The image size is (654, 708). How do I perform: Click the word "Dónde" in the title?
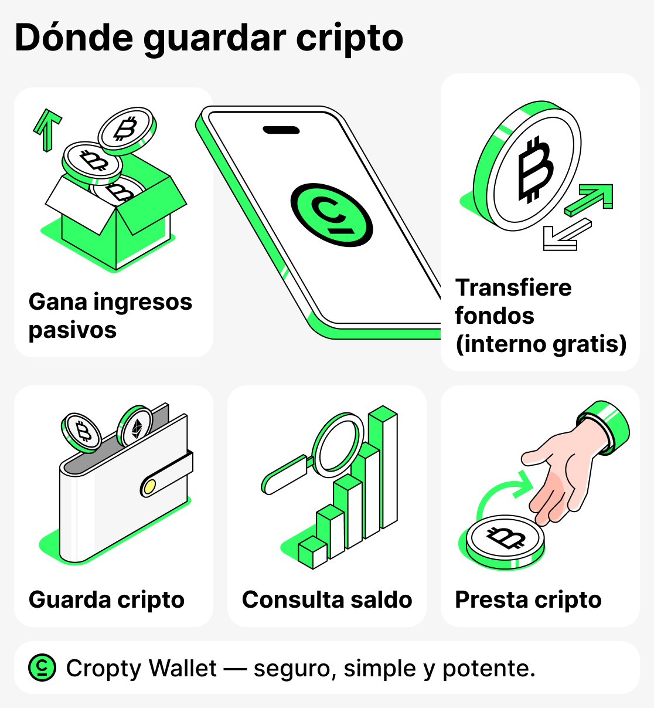click(74, 38)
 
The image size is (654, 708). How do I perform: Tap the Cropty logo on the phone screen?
click(332, 214)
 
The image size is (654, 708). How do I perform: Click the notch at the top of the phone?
click(281, 130)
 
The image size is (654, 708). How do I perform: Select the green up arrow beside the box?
click(47, 128)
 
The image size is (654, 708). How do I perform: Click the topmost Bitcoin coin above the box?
click(125, 128)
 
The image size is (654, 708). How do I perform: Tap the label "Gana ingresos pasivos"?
click(110, 316)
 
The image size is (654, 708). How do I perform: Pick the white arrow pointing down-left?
click(566, 235)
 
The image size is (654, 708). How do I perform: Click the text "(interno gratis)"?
click(541, 344)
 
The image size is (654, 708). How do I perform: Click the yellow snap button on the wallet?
click(149, 486)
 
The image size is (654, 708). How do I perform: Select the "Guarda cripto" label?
click(107, 599)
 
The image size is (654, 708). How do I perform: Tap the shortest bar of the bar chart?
click(312, 553)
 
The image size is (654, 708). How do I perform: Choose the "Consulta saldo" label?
click(327, 599)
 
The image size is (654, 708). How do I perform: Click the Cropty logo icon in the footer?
click(42, 668)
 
